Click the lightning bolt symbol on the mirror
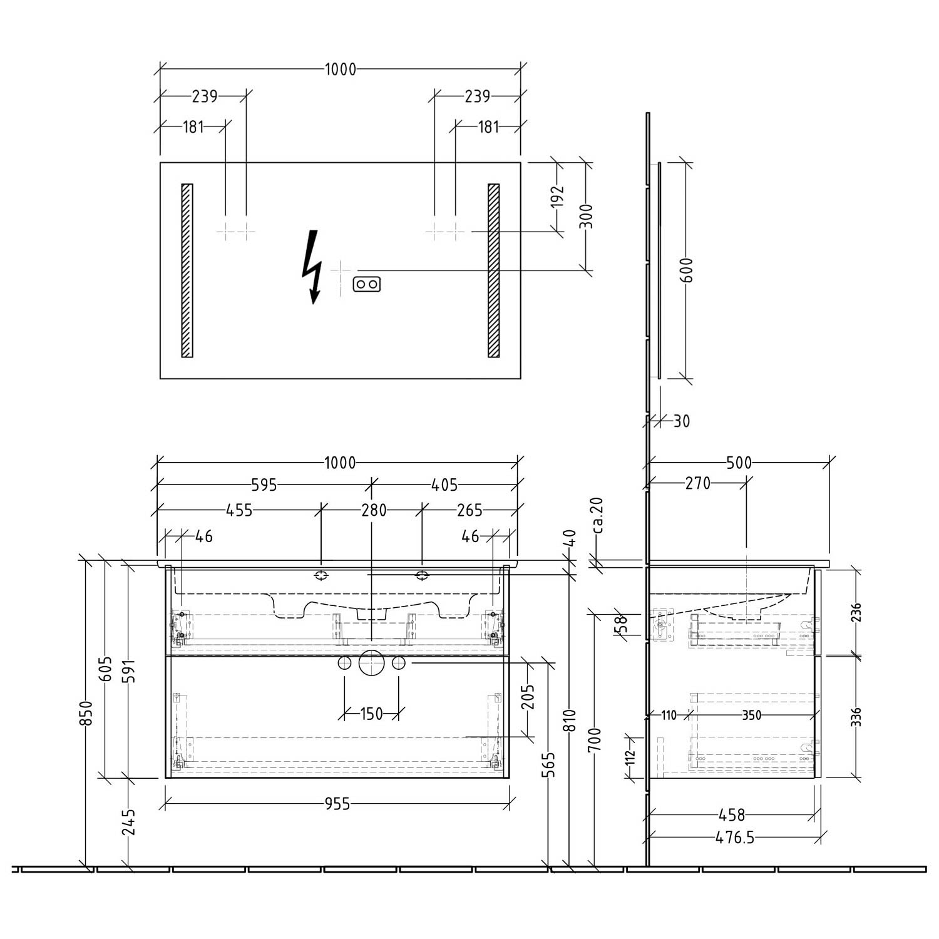(x=312, y=267)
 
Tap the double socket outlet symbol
(x=367, y=284)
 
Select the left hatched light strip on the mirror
(x=187, y=270)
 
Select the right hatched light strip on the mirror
(x=493, y=270)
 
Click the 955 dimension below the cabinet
(x=337, y=804)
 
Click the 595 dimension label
(x=264, y=485)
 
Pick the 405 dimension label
(x=445, y=485)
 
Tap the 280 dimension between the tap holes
(x=374, y=510)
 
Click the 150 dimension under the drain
(x=371, y=714)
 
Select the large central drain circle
(x=371, y=664)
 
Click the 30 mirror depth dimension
(x=682, y=421)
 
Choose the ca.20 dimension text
(x=597, y=515)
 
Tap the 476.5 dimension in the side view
(x=735, y=838)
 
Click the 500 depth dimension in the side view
(x=739, y=463)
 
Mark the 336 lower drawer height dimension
(x=856, y=716)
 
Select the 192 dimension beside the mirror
(x=559, y=197)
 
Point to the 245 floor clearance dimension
(x=129, y=822)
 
